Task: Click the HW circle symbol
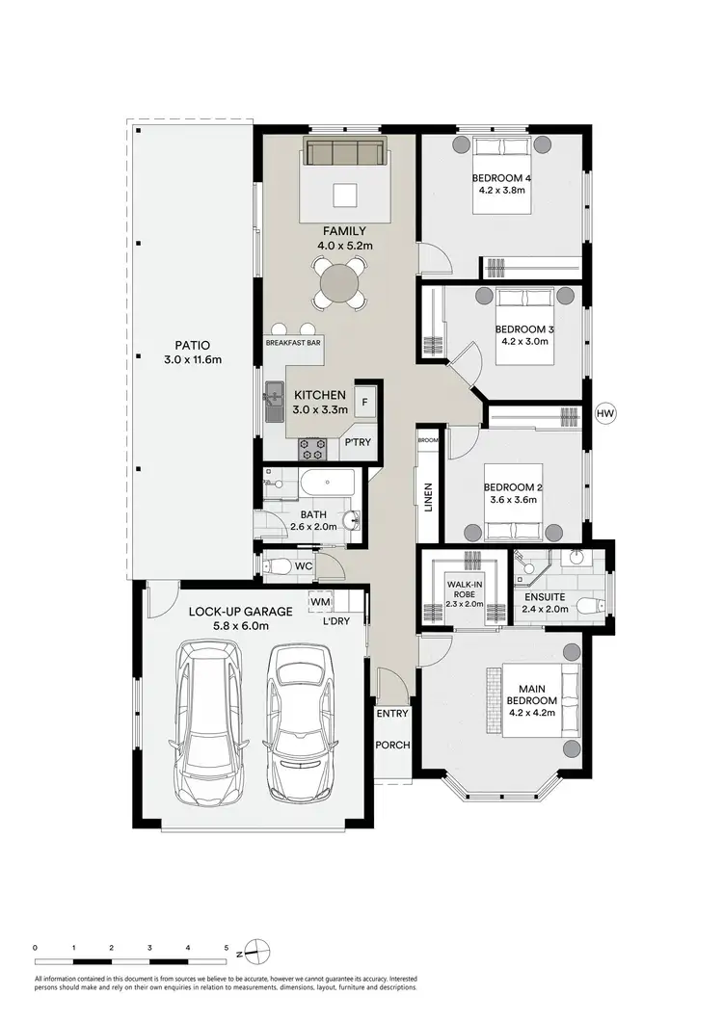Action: (605, 414)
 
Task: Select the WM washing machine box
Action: (318, 602)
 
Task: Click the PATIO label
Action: (192, 346)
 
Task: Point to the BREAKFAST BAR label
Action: (293, 342)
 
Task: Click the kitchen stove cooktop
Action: (313, 447)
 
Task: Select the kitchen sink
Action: (274, 402)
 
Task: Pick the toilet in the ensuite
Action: (589, 606)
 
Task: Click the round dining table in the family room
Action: (342, 284)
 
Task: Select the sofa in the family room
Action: (345, 153)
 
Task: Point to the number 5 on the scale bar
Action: (226, 948)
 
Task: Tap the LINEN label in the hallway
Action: (428, 496)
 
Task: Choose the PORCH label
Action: (393, 745)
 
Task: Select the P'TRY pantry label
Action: (358, 443)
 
